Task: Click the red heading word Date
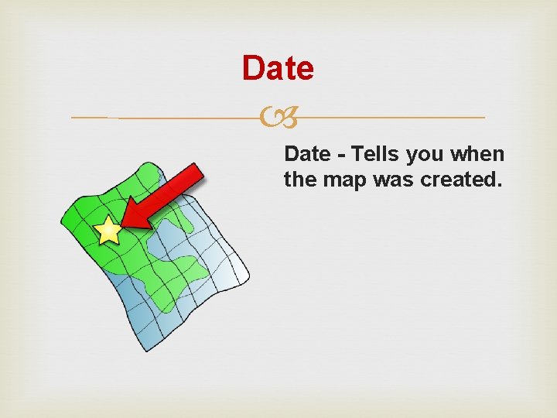[x=278, y=69]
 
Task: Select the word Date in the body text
[x=307, y=154]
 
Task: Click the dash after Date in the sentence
[x=340, y=155]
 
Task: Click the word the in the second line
[x=297, y=181]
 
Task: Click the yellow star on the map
[x=108, y=230]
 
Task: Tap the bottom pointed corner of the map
[x=144, y=350]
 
